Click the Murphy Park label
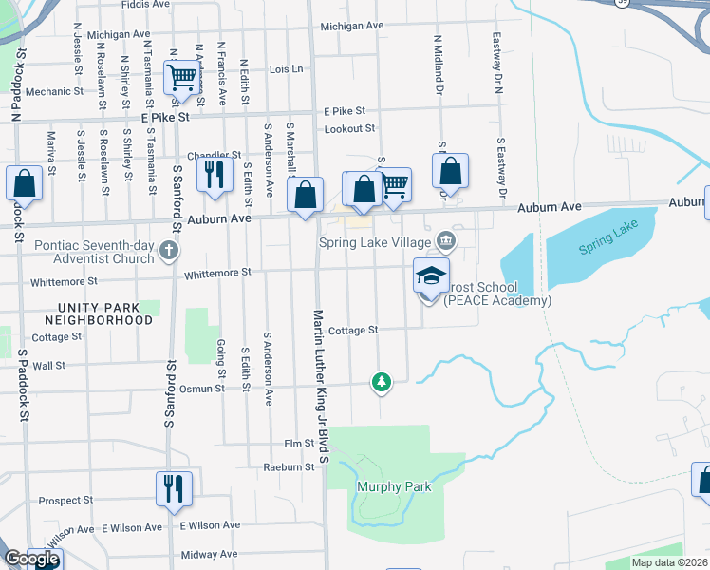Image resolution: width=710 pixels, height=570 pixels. click(394, 487)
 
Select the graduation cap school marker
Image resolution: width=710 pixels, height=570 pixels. click(431, 276)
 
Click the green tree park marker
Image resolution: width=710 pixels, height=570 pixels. click(382, 382)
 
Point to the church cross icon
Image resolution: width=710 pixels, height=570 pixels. click(169, 252)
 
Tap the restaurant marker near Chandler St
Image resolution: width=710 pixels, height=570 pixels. click(214, 174)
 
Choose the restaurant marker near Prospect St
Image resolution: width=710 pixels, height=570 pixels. click(174, 488)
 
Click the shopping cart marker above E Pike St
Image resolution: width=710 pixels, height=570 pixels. click(179, 77)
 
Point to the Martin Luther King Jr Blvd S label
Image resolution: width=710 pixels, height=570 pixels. click(322, 386)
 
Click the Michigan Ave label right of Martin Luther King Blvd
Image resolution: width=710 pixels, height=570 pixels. click(351, 26)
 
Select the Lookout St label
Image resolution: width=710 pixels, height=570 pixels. click(350, 128)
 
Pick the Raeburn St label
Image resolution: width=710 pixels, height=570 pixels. click(289, 467)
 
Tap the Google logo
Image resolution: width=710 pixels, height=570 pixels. click(31, 559)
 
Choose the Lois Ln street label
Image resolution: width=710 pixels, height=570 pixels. click(286, 69)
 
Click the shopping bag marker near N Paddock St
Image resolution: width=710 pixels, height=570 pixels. click(24, 183)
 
